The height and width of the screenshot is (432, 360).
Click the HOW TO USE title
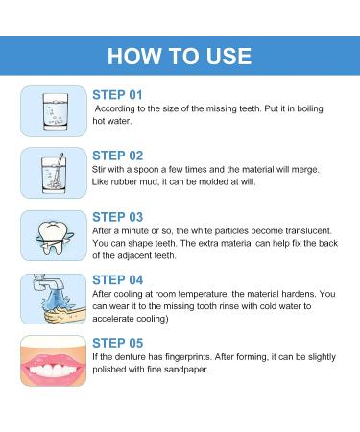tap(180, 55)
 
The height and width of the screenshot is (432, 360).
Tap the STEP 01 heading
tap(118, 95)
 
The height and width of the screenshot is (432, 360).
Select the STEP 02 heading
tap(118, 154)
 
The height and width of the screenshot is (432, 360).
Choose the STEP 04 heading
tap(118, 281)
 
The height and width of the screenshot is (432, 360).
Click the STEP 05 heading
tap(118, 343)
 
